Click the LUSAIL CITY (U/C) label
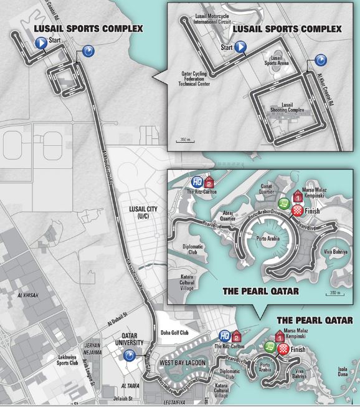147,211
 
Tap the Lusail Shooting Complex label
287,107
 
